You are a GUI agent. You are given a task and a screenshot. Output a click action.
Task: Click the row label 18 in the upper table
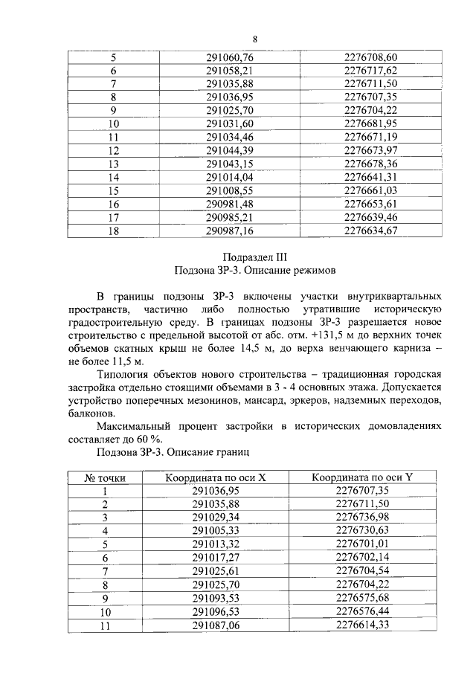[x=114, y=231]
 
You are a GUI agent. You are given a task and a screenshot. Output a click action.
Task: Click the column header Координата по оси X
[x=216, y=477]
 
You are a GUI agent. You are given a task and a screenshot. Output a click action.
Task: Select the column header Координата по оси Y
[x=362, y=477]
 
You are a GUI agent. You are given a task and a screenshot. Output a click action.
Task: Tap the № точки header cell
[x=104, y=477]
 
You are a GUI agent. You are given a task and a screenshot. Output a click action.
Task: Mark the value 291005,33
[x=216, y=530]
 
